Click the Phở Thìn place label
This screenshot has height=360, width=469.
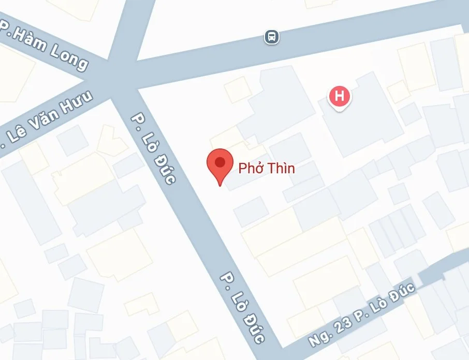point(266,168)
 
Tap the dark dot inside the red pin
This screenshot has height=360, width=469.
point(219,162)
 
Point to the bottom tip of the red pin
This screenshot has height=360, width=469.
point(219,185)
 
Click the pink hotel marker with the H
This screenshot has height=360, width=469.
point(340,96)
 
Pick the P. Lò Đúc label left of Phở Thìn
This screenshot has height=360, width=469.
point(154,148)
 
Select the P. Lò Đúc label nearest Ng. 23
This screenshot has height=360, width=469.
point(242,307)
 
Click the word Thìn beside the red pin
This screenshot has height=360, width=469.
point(281,168)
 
